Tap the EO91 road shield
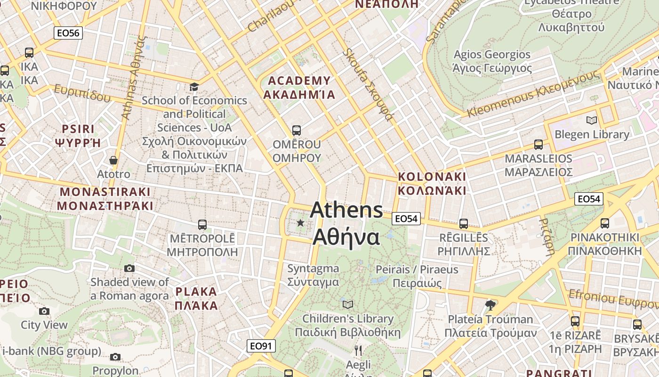261,346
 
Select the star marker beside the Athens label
300,222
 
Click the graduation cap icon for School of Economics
194,87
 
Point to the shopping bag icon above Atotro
113,160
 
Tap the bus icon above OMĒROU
296,130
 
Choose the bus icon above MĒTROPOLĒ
202,224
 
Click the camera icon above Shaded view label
129,268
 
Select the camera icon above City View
44,311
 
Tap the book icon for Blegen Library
592,120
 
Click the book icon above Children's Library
348,304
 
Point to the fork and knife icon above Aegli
358,350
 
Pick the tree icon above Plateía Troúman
490,305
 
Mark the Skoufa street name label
367,85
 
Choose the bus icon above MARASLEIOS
538,145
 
